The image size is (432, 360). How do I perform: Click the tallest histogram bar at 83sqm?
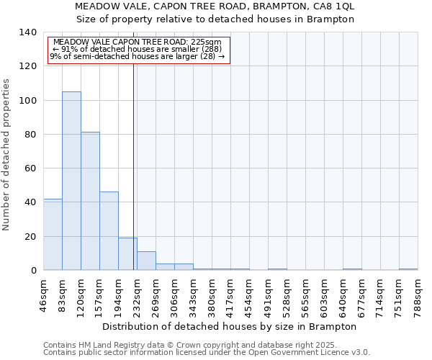[x=71, y=181]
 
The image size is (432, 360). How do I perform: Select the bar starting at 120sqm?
[x=90, y=201]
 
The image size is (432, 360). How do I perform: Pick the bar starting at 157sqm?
[x=109, y=230]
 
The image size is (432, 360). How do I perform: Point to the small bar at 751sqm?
[x=408, y=269]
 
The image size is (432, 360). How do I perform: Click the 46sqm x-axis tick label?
[x=43, y=294]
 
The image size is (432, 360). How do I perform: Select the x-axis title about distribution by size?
[x=230, y=326]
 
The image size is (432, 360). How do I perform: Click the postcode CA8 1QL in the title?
[x=336, y=6]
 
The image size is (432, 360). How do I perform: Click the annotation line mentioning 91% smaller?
[x=137, y=49]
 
